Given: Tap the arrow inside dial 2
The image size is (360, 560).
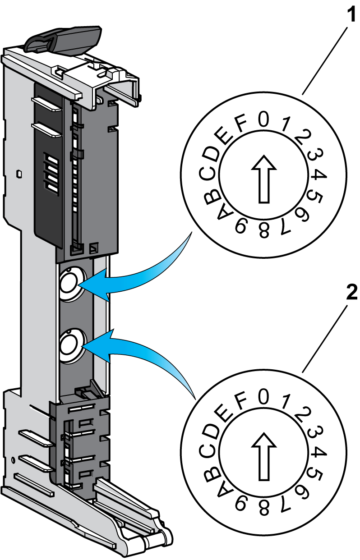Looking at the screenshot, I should (263, 456).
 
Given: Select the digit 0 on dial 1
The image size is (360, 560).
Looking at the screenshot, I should (263, 119).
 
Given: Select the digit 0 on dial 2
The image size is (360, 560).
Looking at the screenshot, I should (263, 397).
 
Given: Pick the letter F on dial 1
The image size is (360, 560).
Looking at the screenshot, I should (241, 124).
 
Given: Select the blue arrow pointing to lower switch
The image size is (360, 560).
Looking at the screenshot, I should (140, 352).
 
